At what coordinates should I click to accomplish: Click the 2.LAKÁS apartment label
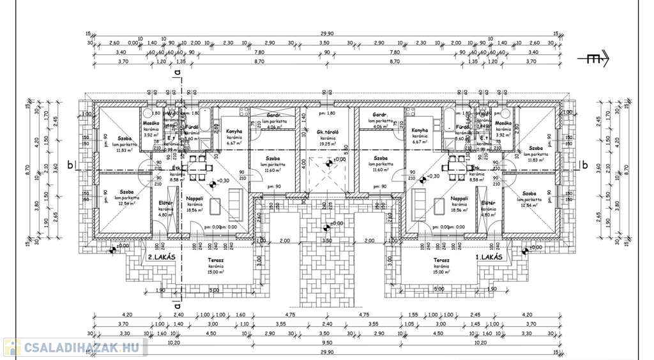[162, 257]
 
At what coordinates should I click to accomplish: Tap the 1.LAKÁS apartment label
[489, 257]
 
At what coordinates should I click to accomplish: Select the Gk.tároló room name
[328, 132]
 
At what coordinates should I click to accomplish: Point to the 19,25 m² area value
[328, 144]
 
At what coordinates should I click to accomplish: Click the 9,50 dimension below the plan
[327, 341]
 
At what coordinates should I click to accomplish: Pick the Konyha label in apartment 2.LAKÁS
[234, 131]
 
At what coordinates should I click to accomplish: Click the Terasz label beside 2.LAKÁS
[215, 260]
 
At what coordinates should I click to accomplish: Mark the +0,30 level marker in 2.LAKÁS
[222, 181]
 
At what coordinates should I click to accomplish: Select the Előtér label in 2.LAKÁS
[165, 203]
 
